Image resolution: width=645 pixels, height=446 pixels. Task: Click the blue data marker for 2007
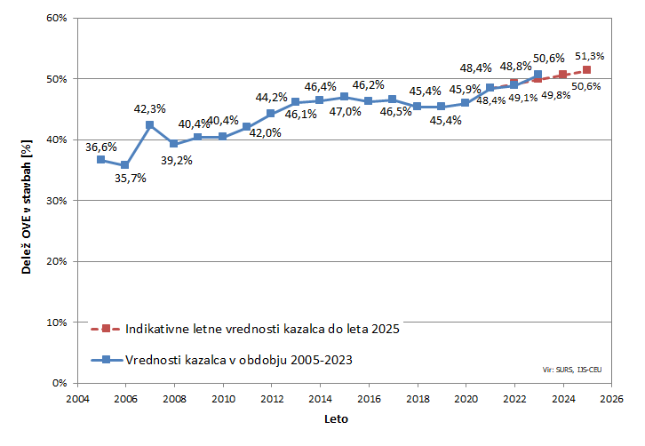pos(149,125)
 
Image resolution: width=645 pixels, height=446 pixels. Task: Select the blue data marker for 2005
pos(100,160)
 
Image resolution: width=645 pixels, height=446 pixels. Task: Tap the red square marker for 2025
pos(587,69)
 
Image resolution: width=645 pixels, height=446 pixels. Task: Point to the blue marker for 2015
pos(344,96)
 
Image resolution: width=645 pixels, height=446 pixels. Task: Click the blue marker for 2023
pos(538,75)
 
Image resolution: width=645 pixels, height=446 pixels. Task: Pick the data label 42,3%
pos(150,108)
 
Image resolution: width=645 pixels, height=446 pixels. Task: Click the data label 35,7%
pos(131,178)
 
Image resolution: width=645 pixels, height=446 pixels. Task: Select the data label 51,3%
pos(590,56)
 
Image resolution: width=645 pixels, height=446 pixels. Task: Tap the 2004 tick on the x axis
pos(76,399)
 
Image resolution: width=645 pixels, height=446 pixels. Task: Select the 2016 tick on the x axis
pos(369,399)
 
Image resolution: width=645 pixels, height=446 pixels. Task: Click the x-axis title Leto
pos(335,418)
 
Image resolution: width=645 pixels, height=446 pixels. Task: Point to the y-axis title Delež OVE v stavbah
pos(27,200)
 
